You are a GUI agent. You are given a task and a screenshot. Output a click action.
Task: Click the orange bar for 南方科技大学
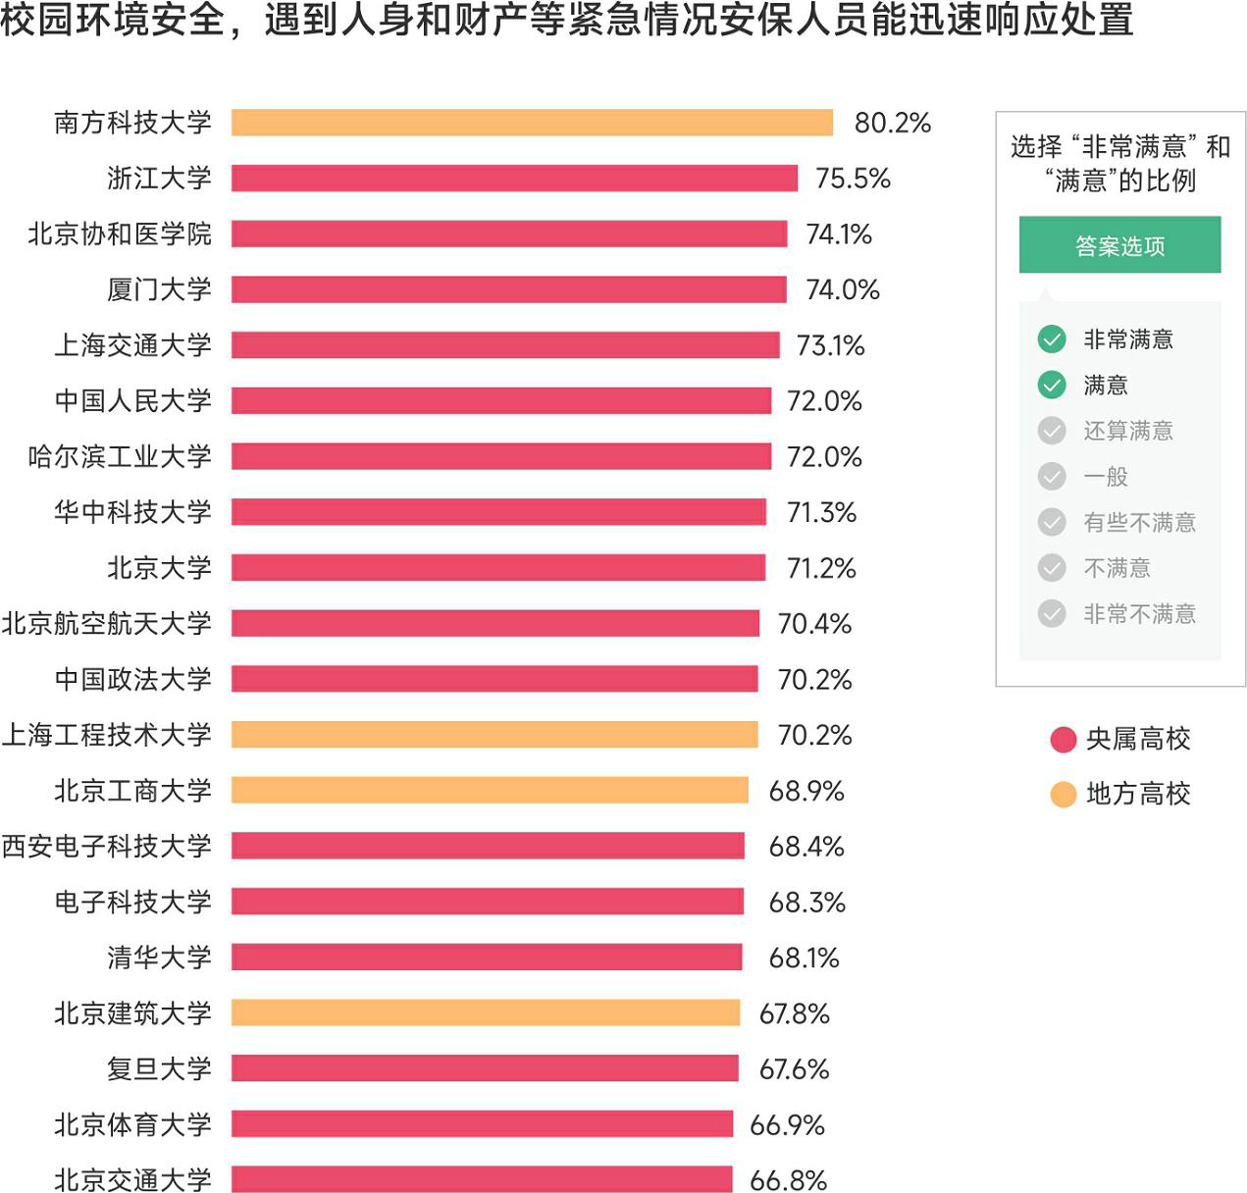tap(532, 123)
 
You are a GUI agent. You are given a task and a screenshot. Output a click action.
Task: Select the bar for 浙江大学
tap(514, 179)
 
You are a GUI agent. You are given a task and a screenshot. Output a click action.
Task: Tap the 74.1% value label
tap(839, 234)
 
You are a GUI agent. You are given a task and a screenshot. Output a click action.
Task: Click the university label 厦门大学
tap(159, 289)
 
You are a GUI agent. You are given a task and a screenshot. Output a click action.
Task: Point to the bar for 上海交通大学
tap(505, 345)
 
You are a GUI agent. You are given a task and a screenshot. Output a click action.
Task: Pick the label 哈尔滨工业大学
tap(120, 456)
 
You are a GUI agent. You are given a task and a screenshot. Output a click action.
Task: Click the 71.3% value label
tap(822, 512)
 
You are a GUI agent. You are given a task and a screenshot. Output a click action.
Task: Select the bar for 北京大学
tap(498, 568)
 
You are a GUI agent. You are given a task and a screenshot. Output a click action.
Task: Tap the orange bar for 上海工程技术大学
tap(494, 735)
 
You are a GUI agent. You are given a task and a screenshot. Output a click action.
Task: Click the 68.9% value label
tap(806, 791)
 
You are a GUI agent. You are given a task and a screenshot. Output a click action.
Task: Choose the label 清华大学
tap(159, 958)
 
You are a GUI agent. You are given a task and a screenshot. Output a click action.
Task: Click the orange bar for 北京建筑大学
tap(486, 1012)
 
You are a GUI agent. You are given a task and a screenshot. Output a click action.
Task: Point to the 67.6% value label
tap(795, 1068)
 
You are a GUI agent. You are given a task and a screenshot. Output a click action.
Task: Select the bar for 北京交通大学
tap(482, 1179)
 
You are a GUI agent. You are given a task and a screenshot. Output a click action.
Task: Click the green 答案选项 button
tap(1119, 245)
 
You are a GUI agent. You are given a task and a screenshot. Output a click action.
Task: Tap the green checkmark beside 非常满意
tap(1052, 339)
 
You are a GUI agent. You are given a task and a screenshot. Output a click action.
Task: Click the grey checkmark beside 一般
tap(1052, 477)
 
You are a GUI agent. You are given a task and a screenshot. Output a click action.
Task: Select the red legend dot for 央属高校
tap(1064, 740)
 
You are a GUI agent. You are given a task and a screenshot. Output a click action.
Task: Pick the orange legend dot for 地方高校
tap(1064, 795)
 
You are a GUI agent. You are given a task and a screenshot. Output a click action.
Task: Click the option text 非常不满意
tap(1139, 614)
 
